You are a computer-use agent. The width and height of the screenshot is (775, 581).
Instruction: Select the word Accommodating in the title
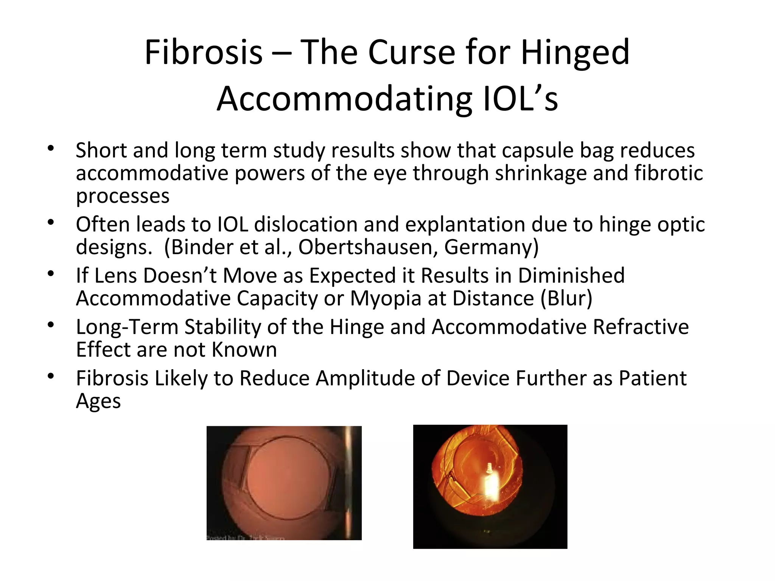(344, 99)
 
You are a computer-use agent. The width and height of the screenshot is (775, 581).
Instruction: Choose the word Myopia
(386, 298)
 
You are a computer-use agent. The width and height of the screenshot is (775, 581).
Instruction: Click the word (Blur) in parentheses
(566, 298)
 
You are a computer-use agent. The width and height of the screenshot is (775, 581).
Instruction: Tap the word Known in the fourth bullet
(244, 350)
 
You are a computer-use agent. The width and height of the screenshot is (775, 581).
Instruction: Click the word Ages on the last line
(98, 401)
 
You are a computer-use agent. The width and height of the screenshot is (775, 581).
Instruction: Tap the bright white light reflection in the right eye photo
(490, 486)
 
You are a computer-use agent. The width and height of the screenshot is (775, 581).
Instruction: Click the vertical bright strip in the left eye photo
(349, 483)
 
